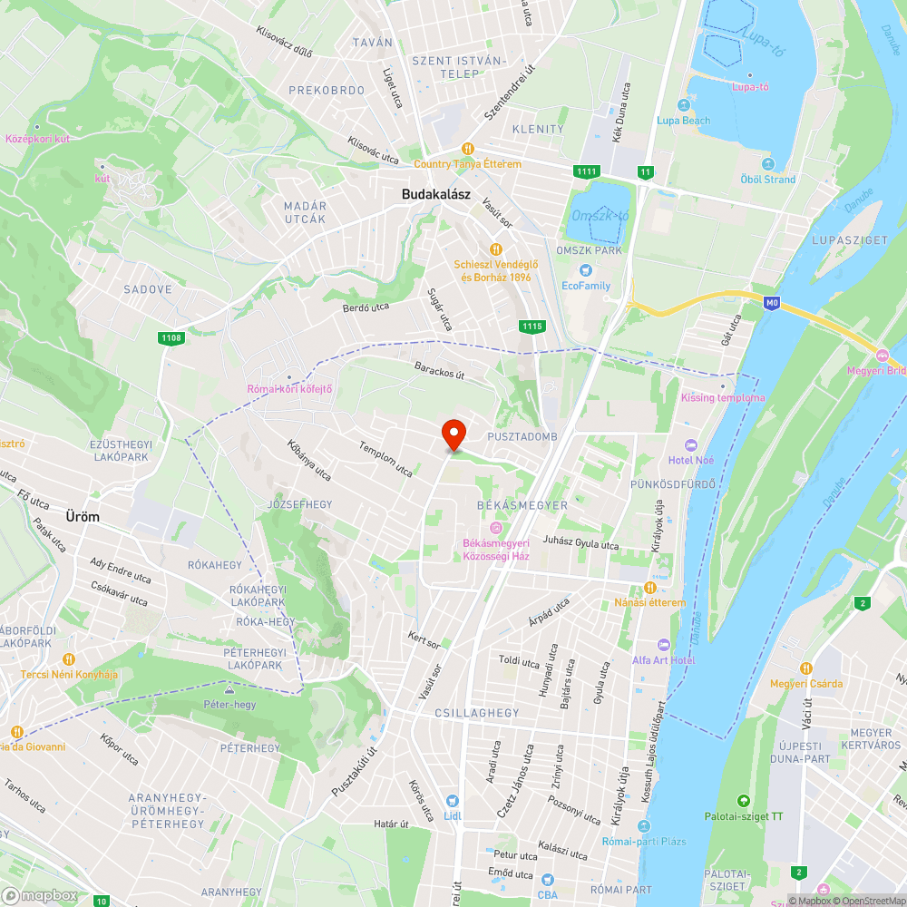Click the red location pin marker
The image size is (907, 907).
(x=453, y=434)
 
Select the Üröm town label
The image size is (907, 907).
(x=82, y=516)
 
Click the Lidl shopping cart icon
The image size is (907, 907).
(x=453, y=801)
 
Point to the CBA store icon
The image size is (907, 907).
(x=546, y=880)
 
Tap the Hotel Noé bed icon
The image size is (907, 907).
(x=691, y=444)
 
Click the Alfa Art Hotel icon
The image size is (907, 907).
(x=664, y=644)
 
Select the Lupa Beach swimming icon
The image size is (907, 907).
(x=683, y=105)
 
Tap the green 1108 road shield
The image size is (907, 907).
(x=170, y=338)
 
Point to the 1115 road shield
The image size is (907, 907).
(x=532, y=326)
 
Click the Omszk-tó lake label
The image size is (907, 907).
(x=600, y=215)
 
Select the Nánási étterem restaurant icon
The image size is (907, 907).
(x=649, y=588)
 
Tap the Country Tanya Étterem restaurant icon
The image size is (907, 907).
(x=468, y=149)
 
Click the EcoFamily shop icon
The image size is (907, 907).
(x=586, y=269)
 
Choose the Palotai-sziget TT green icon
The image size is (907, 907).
(x=744, y=801)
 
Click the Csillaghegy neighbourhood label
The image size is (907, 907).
(x=477, y=713)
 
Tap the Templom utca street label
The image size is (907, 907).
(x=385, y=459)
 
